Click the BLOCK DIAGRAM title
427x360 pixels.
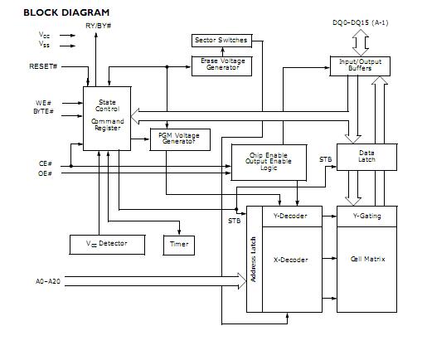point(55,12)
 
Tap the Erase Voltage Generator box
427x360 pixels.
point(221,65)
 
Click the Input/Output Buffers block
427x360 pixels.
point(366,66)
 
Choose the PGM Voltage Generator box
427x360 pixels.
point(180,139)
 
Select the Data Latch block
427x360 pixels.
point(366,156)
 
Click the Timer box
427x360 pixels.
point(179,244)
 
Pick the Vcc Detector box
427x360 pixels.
point(106,244)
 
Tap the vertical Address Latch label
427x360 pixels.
point(255,257)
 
